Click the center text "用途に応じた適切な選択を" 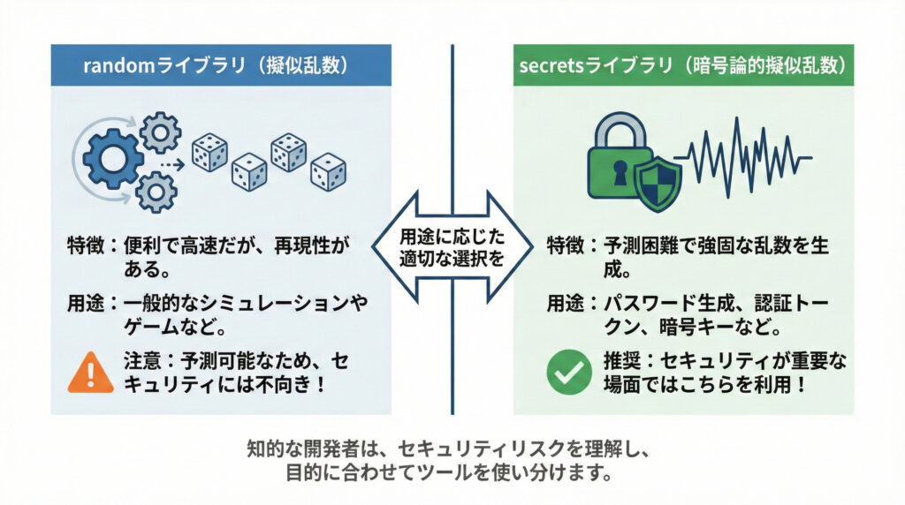pyautogui.click(x=452, y=248)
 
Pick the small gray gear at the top pyautogui.click(x=159, y=132)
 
